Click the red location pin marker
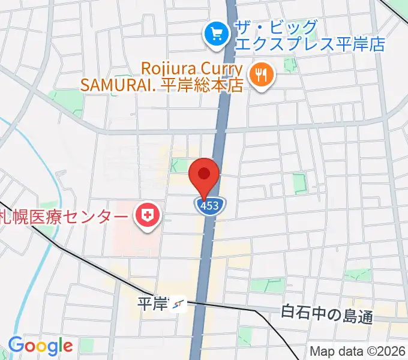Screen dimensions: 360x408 [x=204, y=175]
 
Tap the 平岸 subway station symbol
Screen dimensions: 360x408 [x=178, y=306]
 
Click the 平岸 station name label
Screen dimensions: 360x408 [x=152, y=304]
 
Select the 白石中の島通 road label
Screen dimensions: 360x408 [x=327, y=314]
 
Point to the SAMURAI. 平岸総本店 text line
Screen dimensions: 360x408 [x=162, y=85]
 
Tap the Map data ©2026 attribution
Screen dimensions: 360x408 [x=358, y=351]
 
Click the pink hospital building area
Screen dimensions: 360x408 [x=129, y=237]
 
